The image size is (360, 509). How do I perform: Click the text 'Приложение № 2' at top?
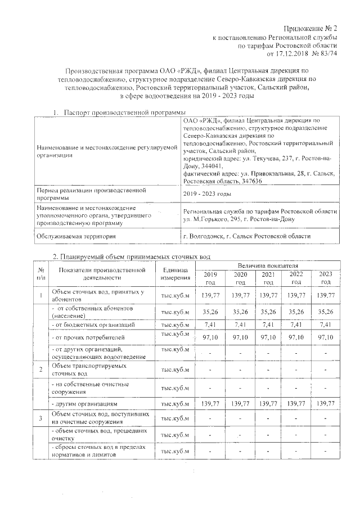[309, 29]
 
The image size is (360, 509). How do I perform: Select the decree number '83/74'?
[328, 54]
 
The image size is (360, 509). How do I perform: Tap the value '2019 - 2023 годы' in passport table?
[208, 194]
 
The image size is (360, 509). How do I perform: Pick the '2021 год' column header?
[268, 277]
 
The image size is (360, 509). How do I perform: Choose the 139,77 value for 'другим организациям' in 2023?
[326, 404]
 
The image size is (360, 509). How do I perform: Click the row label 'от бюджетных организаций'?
[93, 325]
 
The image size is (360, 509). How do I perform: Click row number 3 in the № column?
[40, 418]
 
